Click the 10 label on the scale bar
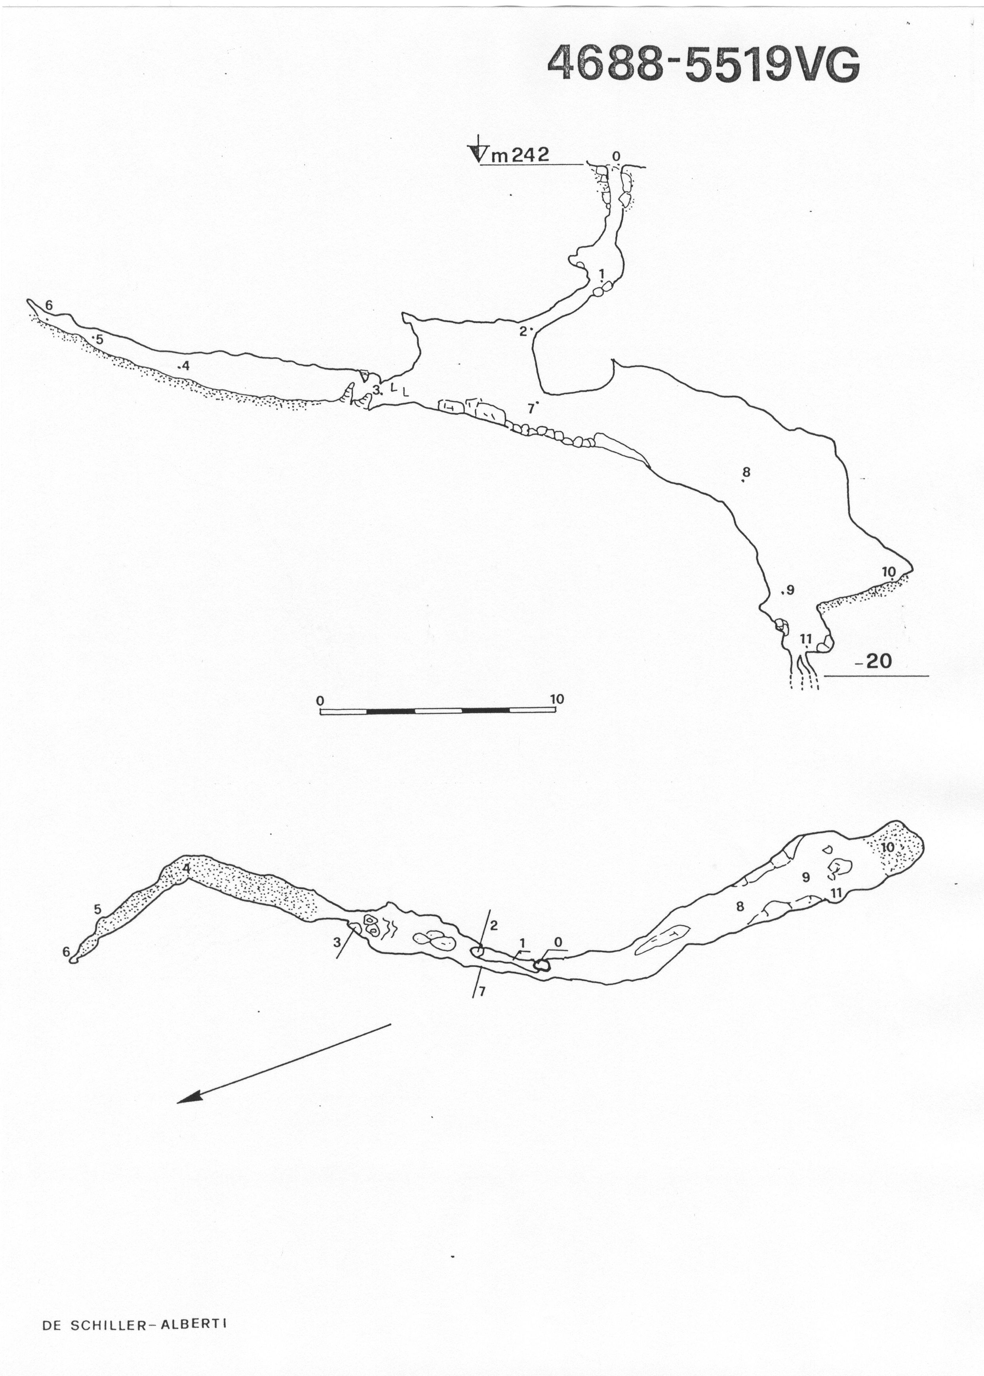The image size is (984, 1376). pyautogui.click(x=557, y=699)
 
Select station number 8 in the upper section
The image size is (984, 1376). pyautogui.click(x=746, y=472)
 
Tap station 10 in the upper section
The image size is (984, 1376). pyautogui.click(x=888, y=572)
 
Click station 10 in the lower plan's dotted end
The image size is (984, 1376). pyautogui.click(x=888, y=848)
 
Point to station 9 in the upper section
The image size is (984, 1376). pyautogui.click(x=790, y=589)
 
